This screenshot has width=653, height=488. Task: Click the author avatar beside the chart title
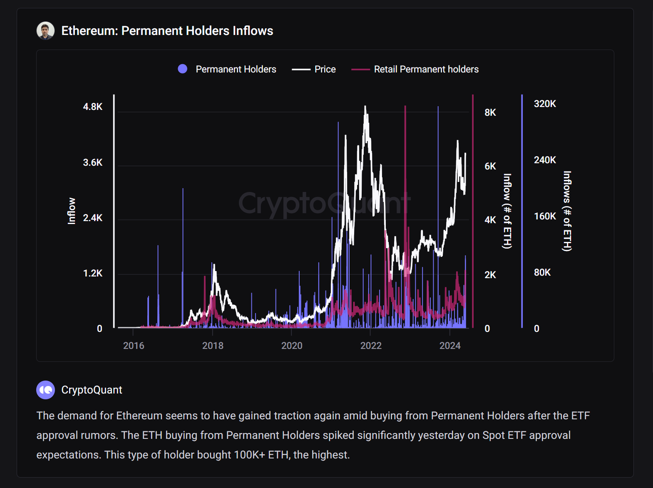click(x=45, y=31)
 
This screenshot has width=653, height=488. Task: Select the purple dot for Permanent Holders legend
click(x=182, y=69)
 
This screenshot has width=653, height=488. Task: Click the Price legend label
click(x=325, y=69)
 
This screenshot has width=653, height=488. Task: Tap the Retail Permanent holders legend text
click(x=426, y=69)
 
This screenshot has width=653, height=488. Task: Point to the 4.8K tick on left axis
click(x=92, y=107)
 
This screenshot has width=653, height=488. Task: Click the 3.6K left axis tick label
click(x=92, y=162)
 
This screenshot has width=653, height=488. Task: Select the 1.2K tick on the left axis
click(x=92, y=273)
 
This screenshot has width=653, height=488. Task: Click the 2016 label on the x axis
click(x=134, y=346)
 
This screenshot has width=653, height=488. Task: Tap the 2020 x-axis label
click(x=292, y=346)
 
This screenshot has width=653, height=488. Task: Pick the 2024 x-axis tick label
click(x=450, y=346)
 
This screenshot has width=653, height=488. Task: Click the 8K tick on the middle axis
click(x=490, y=112)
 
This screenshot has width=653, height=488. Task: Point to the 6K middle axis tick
click(x=490, y=166)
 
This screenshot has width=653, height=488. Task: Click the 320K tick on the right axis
click(x=545, y=104)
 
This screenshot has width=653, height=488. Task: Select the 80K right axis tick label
click(x=542, y=272)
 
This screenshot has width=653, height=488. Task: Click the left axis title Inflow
click(x=72, y=211)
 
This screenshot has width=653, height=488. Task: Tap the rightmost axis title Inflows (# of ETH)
click(x=567, y=211)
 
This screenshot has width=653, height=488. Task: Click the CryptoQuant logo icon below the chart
click(x=45, y=390)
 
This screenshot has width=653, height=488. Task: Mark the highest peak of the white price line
click(x=365, y=107)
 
